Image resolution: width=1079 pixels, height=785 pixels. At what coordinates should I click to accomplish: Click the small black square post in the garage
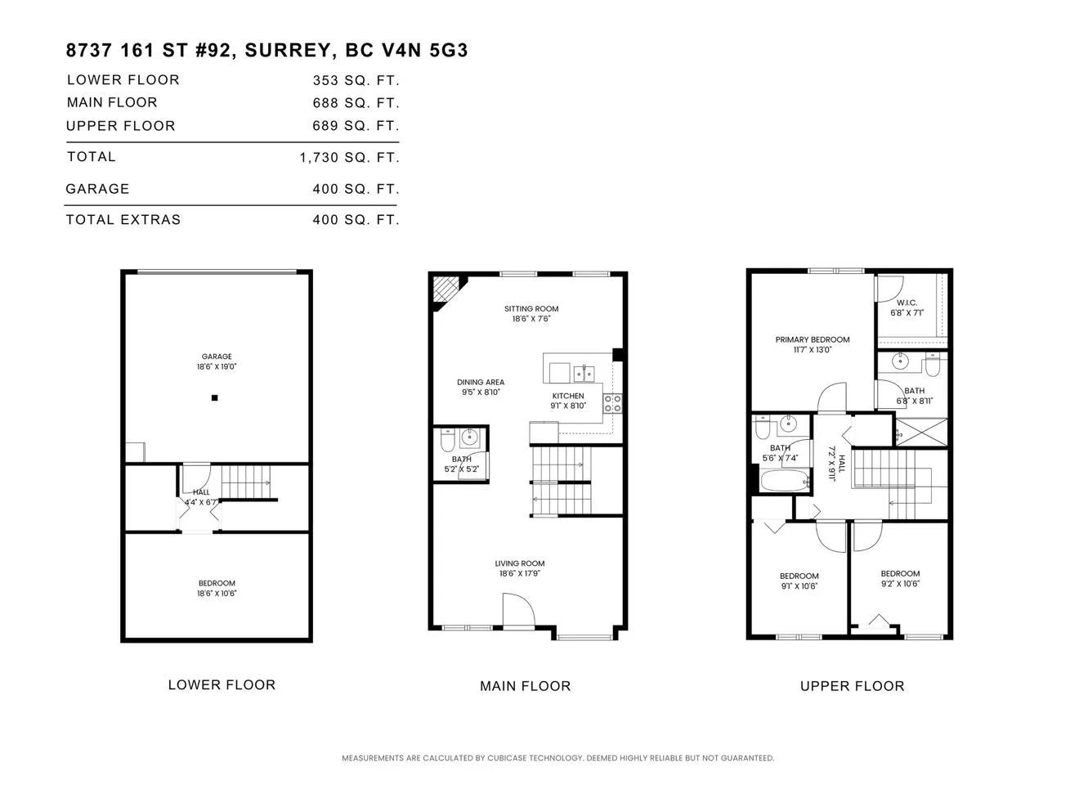coord(215,398)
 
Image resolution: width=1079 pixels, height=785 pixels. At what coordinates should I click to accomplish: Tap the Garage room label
coord(217,357)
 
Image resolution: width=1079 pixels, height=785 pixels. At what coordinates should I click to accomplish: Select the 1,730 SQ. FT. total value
coord(350,158)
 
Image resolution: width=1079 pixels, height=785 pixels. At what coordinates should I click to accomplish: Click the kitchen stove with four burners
coord(612,403)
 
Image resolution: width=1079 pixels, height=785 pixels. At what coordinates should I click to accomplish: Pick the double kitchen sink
coord(584,374)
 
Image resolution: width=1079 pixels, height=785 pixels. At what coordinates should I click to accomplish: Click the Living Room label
coord(520,563)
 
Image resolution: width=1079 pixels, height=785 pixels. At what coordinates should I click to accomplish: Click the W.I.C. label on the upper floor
coord(907,303)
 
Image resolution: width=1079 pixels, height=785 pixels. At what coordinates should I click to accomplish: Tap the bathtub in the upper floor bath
coord(785,481)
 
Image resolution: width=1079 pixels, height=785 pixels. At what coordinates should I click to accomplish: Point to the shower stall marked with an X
coord(921,433)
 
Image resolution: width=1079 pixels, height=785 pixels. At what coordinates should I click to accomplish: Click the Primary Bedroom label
coord(813,339)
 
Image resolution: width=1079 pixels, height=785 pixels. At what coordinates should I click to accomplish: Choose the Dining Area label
coord(481,382)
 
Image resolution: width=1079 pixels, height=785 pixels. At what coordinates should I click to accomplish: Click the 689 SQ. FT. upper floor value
coord(356,126)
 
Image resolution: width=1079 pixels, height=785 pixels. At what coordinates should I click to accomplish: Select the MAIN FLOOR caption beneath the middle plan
coord(525,686)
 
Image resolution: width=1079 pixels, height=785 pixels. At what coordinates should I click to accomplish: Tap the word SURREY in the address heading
coord(288,51)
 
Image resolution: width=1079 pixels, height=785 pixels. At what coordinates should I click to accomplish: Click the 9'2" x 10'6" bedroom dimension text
coord(900,584)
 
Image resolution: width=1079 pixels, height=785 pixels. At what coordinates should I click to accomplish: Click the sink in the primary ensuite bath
coord(900,361)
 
